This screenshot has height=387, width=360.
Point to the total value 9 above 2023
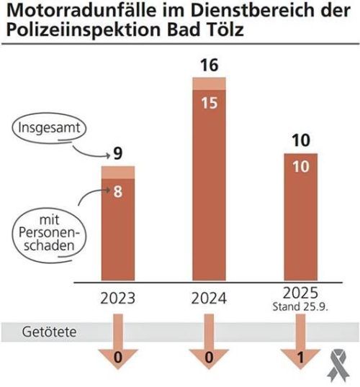pos(117,152)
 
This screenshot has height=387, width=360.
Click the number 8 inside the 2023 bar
pos(116,193)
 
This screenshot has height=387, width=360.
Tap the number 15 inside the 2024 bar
pos(208,104)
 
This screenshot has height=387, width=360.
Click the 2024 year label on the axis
pos(208,298)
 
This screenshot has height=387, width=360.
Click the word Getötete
pos(51,333)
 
